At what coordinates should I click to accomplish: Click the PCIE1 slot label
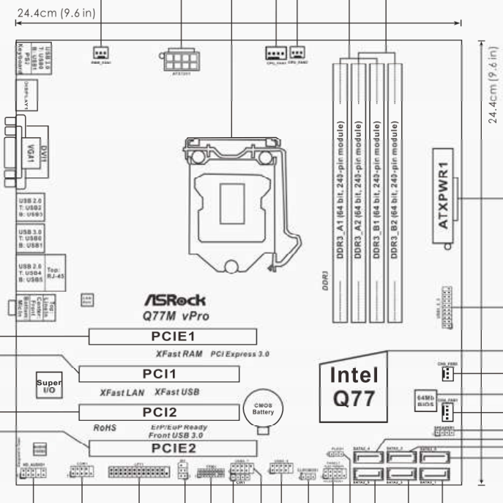pos(173,337)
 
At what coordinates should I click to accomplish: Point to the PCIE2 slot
pos(173,447)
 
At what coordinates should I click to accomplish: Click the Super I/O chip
pos(49,385)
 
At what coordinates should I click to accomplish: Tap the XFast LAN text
pos(121,392)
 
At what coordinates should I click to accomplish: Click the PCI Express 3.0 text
pos(239,353)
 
